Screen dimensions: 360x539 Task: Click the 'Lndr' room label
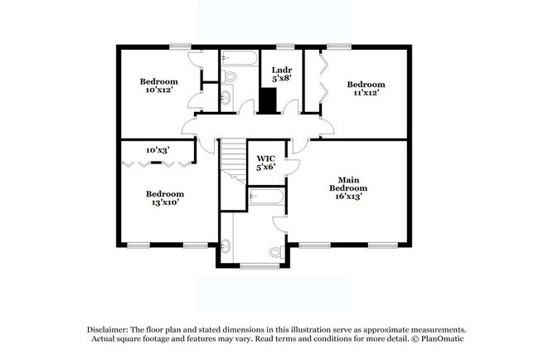tap(273, 71)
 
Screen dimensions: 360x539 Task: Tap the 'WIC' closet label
tap(265, 158)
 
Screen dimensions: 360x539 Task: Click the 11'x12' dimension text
tap(366, 93)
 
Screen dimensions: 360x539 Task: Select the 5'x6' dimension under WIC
tap(265, 168)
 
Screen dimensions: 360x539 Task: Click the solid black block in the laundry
tap(268, 100)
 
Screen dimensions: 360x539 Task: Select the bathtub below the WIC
tap(265, 197)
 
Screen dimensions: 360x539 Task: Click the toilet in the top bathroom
tap(230, 77)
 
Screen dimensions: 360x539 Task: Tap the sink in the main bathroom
tap(226, 245)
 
